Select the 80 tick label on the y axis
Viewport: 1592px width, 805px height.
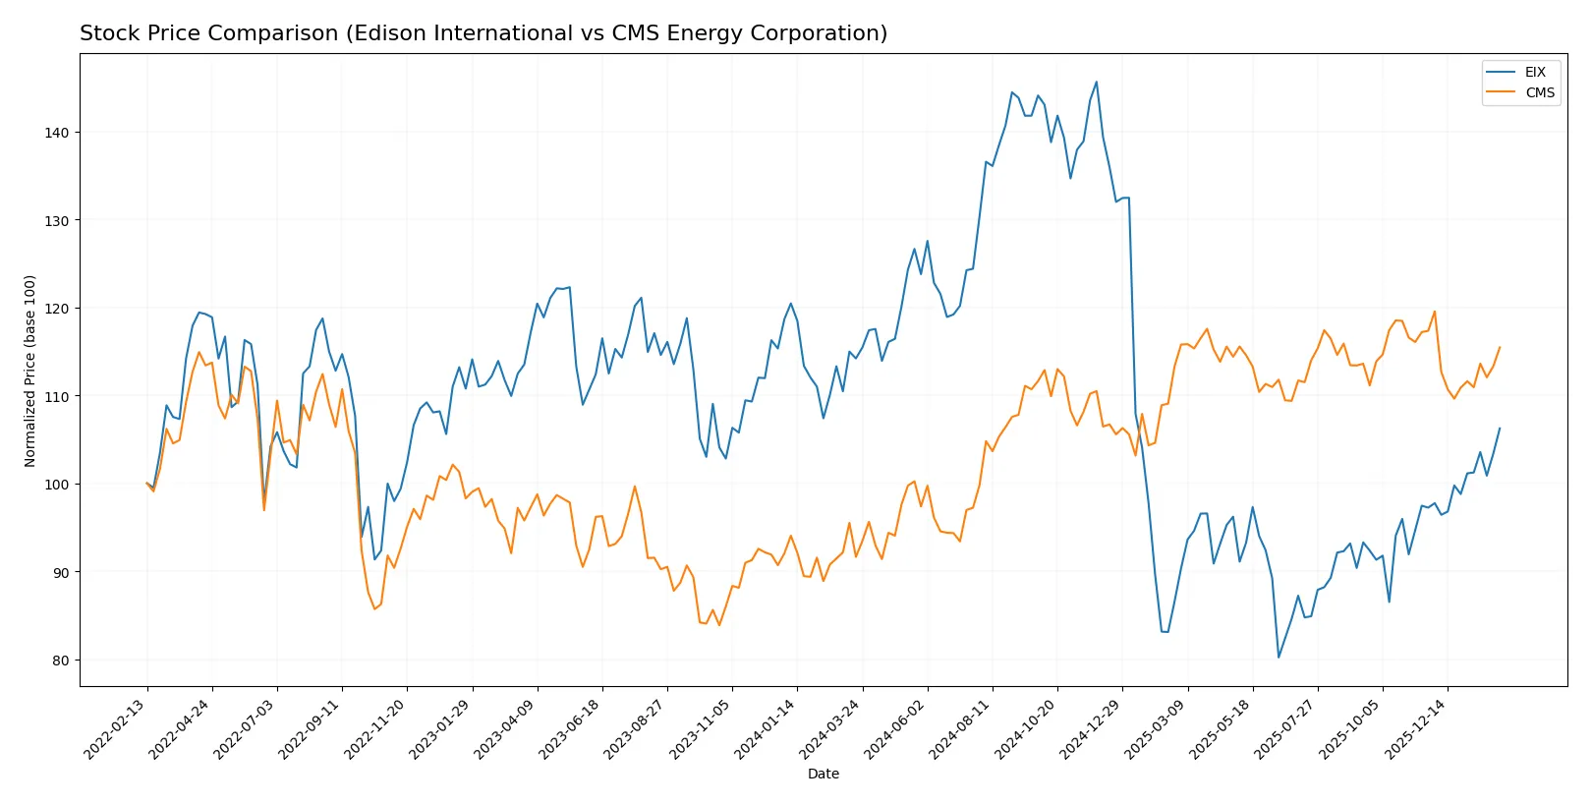pyautogui.click(x=60, y=660)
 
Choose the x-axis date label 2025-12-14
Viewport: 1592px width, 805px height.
pyautogui.click(x=1418, y=728)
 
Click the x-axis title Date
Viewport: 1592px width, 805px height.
pyautogui.click(x=823, y=774)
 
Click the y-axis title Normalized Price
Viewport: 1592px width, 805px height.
pyautogui.click(x=29, y=371)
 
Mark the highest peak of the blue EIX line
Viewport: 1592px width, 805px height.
pyautogui.click(x=1097, y=82)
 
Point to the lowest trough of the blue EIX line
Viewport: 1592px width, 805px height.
pyautogui.click(x=1279, y=657)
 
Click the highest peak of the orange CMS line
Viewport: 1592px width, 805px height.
pyautogui.click(x=1435, y=312)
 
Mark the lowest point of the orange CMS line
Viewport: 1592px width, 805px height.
pyautogui.click(x=719, y=625)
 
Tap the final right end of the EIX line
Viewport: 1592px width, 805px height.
pyautogui.click(x=1500, y=428)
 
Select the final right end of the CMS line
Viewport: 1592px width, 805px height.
pyautogui.click(x=1500, y=347)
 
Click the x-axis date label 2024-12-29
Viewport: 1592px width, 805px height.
pyautogui.click(x=1093, y=728)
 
